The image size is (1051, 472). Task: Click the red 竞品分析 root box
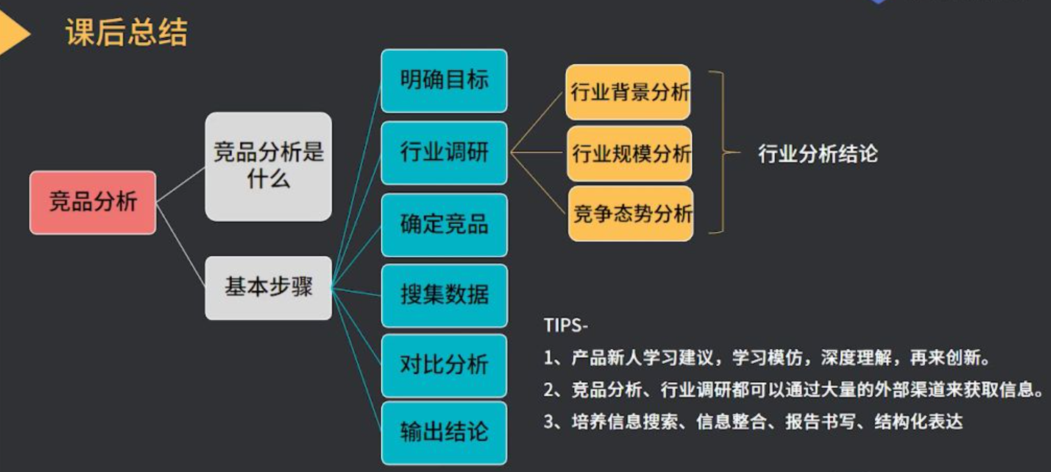click(x=93, y=202)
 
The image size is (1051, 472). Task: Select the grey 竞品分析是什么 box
click(x=268, y=166)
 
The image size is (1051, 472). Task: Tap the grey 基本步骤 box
click(x=268, y=287)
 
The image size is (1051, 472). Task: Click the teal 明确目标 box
click(x=444, y=80)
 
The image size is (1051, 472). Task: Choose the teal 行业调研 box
click(x=444, y=152)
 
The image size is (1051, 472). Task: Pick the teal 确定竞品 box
click(x=444, y=224)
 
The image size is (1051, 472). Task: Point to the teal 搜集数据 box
click(x=444, y=294)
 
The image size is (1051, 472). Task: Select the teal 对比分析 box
click(x=444, y=365)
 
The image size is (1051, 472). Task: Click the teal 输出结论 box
click(x=444, y=432)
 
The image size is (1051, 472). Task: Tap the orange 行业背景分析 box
click(x=629, y=93)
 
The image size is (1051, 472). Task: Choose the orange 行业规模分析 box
click(x=630, y=153)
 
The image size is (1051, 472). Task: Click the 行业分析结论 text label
click(x=817, y=153)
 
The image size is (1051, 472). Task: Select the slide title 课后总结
click(x=126, y=33)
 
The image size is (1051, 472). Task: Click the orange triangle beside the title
click(x=13, y=33)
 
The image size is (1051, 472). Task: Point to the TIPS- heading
click(x=566, y=326)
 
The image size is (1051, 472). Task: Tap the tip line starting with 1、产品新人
click(x=766, y=359)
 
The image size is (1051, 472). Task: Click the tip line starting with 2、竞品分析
click(x=793, y=390)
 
